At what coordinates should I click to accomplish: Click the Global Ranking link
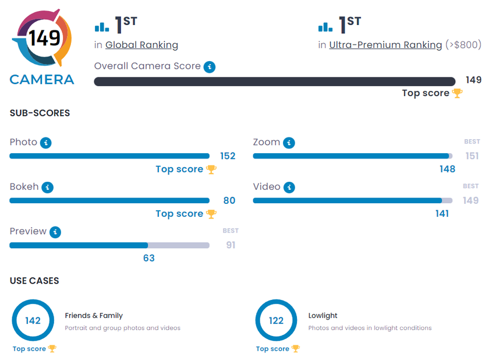pos(141,45)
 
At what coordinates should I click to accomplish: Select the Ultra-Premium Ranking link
pos(385,45)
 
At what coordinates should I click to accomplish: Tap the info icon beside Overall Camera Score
pos(210,67)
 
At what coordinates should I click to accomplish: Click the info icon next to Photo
pos(46,143)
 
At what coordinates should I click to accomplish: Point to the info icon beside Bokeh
pos(48,188)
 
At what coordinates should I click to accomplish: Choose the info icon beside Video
pos(289,188)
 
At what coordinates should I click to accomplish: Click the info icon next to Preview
pos(55,232)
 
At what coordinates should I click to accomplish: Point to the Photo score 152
pos(228,156)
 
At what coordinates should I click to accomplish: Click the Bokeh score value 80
pos(229,200)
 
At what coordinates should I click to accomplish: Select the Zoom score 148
pos(448,169)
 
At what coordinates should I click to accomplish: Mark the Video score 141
pos(442,214)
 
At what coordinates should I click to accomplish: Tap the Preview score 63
pos(149,258)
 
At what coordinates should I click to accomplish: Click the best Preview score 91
pos(231,245)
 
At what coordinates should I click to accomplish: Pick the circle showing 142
pos(33,320)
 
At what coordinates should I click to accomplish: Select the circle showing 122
pos(277,320)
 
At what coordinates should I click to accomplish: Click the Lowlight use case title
pos(323,316)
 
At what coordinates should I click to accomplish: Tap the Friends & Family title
pos(94,316)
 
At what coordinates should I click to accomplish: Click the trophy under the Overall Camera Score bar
pos(458,93)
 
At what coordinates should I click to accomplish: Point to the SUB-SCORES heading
pos(40,113)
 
